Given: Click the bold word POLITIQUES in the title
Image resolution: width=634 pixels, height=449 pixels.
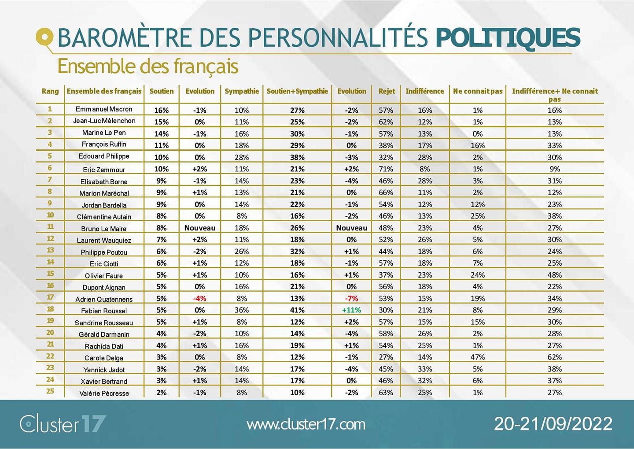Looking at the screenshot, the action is (508, 38).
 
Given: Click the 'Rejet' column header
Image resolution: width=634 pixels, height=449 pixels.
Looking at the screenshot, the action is (387, 91).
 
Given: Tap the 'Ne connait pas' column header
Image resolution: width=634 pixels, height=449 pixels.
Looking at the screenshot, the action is (478, 91).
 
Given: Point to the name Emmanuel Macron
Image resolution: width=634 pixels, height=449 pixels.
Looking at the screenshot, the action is (104, 109).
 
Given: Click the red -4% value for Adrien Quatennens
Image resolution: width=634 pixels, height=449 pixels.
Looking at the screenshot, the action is (200, 299).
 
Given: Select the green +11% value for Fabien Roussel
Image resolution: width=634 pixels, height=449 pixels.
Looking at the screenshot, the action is (351, 310).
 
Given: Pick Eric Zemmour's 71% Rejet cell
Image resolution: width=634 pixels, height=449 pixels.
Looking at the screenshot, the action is (386, 169).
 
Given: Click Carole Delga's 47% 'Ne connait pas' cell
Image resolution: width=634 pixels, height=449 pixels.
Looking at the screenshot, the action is (478, 357).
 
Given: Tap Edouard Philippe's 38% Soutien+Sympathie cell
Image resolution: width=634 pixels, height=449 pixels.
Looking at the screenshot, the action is (297, 157).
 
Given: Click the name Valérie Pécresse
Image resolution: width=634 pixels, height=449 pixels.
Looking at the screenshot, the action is (104, 393).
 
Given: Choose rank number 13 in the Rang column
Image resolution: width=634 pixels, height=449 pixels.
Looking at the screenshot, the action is (50, 250).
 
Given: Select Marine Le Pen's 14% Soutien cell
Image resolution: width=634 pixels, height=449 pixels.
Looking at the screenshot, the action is (161, 134).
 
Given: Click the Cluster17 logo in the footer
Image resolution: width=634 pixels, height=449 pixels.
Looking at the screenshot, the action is (63, 424).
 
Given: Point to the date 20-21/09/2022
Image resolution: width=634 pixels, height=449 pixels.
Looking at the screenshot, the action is (553, 424).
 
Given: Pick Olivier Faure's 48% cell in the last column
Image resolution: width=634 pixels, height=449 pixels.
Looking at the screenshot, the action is (554, 275).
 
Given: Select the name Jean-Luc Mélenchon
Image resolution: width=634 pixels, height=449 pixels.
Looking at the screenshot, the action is (104, 121).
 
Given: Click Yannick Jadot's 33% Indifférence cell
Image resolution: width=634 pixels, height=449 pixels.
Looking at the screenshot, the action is (425, 369).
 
